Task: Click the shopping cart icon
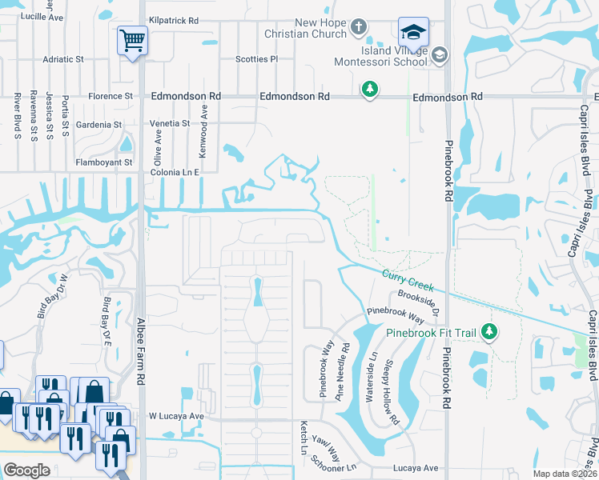(x=132, y=40)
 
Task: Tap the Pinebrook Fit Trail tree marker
(x=489, y=330)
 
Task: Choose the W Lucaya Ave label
(x=176, y=416)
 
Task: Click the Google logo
(x=26, y=470)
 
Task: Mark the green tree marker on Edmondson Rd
(x=369, y=88)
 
